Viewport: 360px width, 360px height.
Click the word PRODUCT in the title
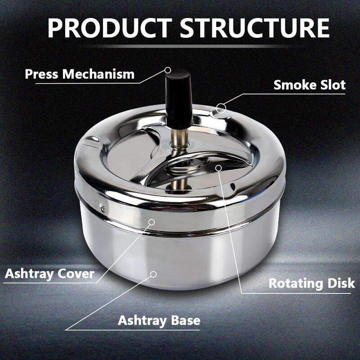(x=109, y=28)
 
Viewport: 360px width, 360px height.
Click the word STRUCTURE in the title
(x=255, y=28)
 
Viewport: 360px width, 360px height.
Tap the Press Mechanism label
(x=80, y=74)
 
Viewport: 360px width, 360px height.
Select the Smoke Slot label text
(x=310, y=85)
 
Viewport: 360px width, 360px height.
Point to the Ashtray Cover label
(x=49, y=274)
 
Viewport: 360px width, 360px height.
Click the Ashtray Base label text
(x=159, y=320)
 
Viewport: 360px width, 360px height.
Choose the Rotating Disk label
(x=311, y=283)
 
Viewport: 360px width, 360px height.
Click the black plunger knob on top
(x=179, y=99)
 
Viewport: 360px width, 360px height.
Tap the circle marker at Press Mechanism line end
(x=168, y=70)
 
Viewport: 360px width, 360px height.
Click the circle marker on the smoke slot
(x=221, y=108)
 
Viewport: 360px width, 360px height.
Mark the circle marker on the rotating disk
(x=219, y=168)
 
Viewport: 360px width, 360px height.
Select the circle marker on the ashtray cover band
(x=152, y=222)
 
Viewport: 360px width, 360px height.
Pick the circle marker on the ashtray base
(x=153, y=274)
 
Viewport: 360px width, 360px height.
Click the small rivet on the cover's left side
(x=103, y=208)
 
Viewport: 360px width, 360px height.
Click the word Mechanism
(x=98, y=74)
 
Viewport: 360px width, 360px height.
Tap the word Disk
(x=341, y=283)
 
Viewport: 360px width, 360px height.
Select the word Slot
(x=331, y=85)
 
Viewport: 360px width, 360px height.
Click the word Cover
(x=76, y=274)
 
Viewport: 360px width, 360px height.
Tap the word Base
(x=186, y=320)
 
